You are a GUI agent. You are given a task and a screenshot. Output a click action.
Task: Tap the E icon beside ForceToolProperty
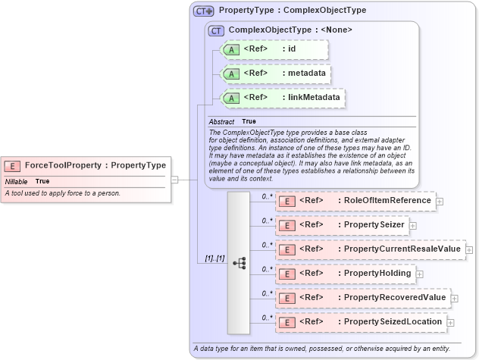(x=13, y=165)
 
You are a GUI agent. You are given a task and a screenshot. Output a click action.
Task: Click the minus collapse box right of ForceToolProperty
(x=174, y=180)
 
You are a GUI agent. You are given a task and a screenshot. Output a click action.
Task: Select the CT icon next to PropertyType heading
(x=203, y=11)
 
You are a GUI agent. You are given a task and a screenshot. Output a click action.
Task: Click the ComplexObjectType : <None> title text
(x=290, y=30)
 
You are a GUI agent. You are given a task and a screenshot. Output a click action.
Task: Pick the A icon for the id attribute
(x=230, y=50)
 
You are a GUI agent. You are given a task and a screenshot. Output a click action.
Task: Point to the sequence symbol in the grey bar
(x=239, y=263)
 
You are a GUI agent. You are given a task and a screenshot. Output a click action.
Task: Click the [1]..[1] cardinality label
(x=214, y=258)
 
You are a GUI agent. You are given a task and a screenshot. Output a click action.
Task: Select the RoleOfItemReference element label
(x=387, y=201)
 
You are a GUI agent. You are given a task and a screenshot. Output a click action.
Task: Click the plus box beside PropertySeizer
(x=413, y=225)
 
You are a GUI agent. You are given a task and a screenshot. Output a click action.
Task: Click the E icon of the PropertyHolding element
(x=287, y=274)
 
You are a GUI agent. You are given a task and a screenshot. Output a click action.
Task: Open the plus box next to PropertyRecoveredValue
(x=455, y=298)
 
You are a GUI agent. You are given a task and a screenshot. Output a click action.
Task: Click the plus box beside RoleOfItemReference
(x=440, y=201)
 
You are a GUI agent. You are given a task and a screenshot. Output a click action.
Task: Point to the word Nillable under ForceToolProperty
(x=17, y=182)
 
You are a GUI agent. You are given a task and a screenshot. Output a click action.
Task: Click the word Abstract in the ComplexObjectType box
(x=221, y=121)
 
